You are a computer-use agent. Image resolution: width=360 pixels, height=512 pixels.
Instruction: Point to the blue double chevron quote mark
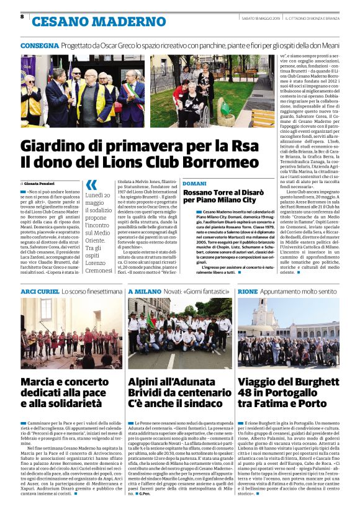click(91, 184)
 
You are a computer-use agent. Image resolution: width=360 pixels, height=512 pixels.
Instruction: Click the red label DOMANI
click(194, 184)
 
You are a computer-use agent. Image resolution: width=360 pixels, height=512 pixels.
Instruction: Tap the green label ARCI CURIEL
click(40, 290)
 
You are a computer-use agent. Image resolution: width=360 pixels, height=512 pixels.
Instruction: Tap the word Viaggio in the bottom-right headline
click(263, 382)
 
